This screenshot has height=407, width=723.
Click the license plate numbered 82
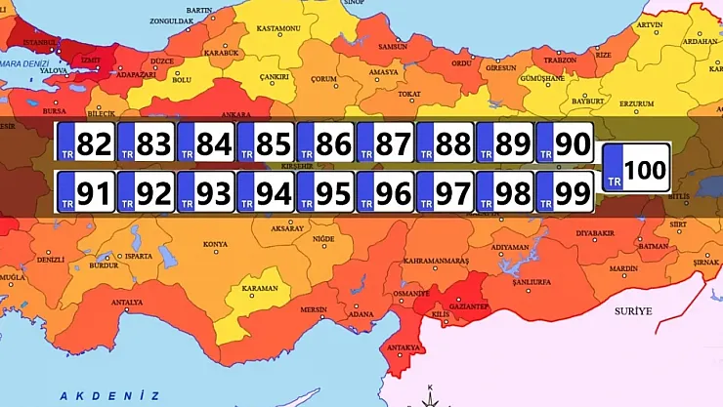pyautogui.click(x=87, y=144)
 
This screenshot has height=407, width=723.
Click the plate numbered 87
pyautogui.click(x=385, y=144)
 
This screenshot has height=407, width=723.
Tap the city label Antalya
pyautogui.click(x=127, y=303)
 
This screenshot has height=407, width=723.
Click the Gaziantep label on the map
pyautogui.click(x=468, y=305)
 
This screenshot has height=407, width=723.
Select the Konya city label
pyautogui.click(x=215, y=244)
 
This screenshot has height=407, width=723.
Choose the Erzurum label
pyautogui.click(x=609, y=102)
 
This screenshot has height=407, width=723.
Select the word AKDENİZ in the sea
pyautogui.click(x=108, y=395)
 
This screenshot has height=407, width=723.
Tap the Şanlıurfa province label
pyautogui.click(x=532, y=283)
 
